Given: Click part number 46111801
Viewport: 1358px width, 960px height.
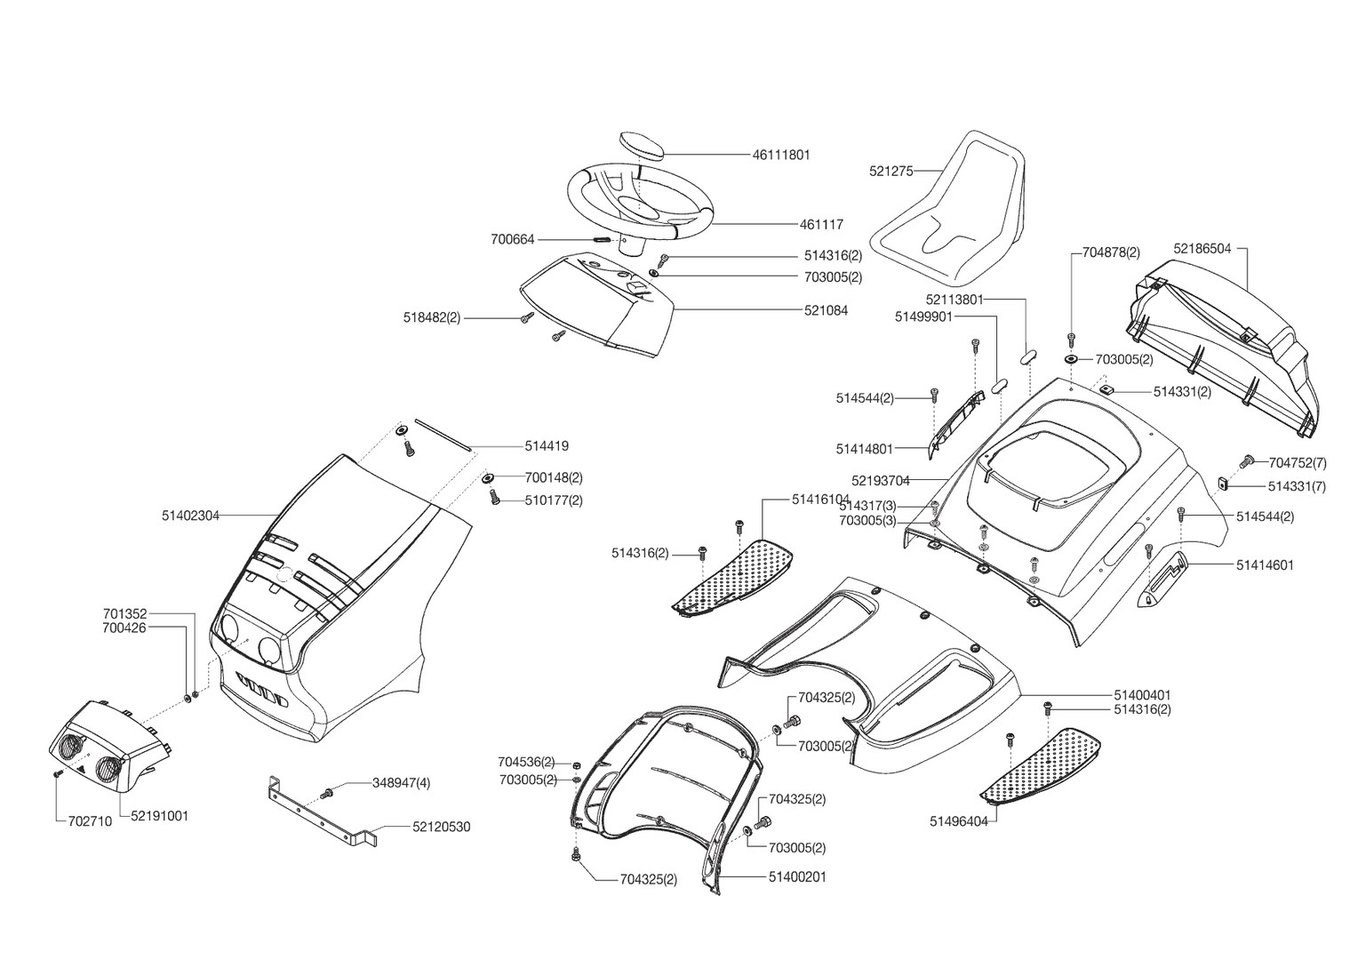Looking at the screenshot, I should pos(780,155).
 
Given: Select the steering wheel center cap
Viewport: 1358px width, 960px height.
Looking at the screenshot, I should pos(639,144).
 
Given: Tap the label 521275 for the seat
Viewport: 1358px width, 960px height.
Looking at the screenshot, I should pos(891,172).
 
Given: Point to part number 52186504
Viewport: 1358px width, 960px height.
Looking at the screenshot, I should pos(1202,249).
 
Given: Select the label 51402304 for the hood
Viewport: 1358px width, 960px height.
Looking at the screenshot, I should pos(190,515).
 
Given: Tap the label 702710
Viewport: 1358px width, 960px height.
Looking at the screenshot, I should pos(90,821).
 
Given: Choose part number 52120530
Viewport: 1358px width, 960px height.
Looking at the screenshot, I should pos(441,827).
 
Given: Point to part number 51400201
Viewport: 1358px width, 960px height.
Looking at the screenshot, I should pos(797,877).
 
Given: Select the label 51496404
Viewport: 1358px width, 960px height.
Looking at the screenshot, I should pos(958,821).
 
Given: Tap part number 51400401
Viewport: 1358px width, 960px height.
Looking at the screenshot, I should pos(1142,694).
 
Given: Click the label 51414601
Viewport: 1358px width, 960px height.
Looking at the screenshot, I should pos(1265,564).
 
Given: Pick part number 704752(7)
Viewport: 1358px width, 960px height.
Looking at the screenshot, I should pos(1298,462).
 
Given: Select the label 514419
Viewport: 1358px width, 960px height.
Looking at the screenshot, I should pos(546,446).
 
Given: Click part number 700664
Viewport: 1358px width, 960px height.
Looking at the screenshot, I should pos(512,239).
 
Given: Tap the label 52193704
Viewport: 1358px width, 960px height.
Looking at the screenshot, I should pos(880,481).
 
